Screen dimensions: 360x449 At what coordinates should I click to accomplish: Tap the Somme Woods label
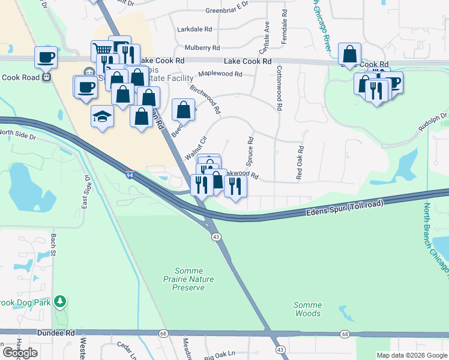point(307,309)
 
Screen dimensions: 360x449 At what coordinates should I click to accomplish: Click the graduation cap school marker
point(103,116)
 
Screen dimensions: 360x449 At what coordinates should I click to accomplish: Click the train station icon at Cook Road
point(47,77)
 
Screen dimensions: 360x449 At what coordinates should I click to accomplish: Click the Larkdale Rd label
point(194,29)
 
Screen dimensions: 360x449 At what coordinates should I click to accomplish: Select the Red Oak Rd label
point(300,163)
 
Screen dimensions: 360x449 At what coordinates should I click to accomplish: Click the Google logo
point(20,353)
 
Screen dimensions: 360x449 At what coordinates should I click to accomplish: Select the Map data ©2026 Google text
point(411,355)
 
